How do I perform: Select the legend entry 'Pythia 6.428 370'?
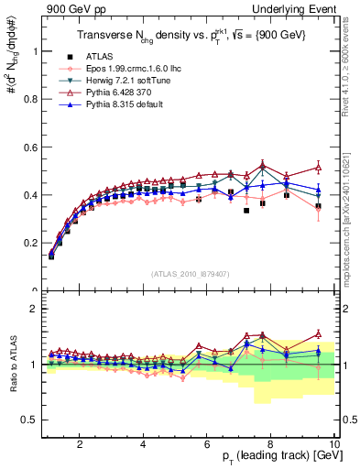[x=109, y=93]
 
